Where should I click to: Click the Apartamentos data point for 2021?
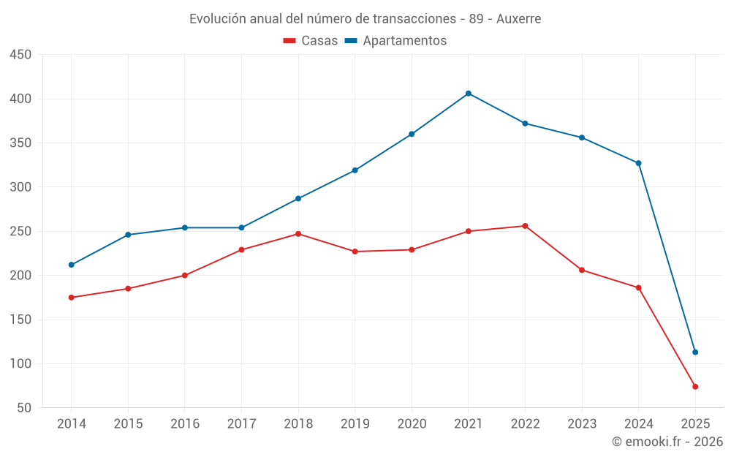click(469, 94)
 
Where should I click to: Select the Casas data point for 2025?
click(695, 387)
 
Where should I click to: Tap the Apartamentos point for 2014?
click(72, 265)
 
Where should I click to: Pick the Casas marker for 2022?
click(525, 226)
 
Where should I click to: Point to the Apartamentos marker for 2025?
click(695, 352)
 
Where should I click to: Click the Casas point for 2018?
click(298, 234)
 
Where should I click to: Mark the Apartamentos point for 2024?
click(638, 163)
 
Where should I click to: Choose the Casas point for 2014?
click(72, 298)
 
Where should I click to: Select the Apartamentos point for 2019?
click(355, 170)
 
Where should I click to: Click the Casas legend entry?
click(311, 41)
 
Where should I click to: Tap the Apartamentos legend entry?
click(395, 41)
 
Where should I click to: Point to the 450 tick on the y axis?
click(20, 55)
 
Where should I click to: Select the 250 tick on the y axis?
click(20, 231)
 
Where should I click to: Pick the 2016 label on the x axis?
click(185, 424)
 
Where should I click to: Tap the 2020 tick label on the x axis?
click(412, 424)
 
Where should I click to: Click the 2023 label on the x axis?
click(582, 424)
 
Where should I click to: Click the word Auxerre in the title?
click(518, 19)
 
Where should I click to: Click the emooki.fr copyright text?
click(667, 442)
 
